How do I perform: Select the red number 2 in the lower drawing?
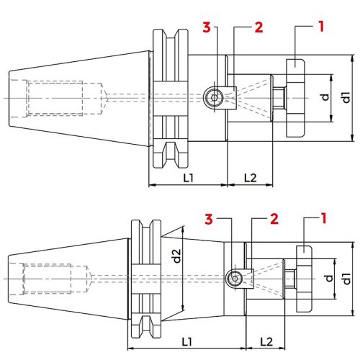[x=274, y=217]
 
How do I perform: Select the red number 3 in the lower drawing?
[x=209, y=217]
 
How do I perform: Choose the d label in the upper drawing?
[x=326, y=96]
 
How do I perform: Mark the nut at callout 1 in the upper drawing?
[x=296, y=98]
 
